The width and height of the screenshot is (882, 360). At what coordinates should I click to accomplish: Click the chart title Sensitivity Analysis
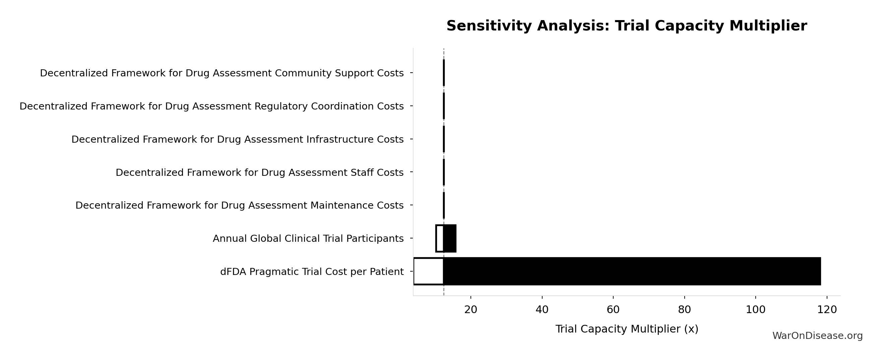coord(627,26)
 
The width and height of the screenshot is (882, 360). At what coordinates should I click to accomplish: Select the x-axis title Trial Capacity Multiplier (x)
coord(627,329)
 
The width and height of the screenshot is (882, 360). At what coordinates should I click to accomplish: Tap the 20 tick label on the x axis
coord(470,310)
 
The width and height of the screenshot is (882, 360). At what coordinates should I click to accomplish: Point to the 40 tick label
coord(542,310)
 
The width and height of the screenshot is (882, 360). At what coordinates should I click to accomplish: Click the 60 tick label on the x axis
coord(613,310)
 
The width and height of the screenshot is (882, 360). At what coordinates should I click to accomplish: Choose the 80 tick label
coord(684,310)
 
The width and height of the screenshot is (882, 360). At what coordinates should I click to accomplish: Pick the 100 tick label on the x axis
coord(755,310)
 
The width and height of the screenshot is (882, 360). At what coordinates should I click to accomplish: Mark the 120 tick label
coord(827,310)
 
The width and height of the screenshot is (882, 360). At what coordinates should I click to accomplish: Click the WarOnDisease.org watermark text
coord(817,336)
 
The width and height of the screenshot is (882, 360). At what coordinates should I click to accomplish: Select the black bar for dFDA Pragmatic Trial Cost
coord(632,271)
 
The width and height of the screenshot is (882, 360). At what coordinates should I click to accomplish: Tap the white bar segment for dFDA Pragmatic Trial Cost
coord(429,271)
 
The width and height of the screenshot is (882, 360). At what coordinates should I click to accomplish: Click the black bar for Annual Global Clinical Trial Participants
coord(450,238)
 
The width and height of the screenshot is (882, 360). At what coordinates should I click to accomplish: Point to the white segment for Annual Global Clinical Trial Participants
coord(440,238)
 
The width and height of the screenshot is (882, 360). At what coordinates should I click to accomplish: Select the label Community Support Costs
coord(222,73)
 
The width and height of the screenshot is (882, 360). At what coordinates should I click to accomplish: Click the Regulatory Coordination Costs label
coord(211,106)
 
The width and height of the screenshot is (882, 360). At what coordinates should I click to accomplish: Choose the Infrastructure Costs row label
coord(238,140)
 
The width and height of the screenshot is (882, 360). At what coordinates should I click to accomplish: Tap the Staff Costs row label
coord(259,172)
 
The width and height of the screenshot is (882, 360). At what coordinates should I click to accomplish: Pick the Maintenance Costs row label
coord(239,205)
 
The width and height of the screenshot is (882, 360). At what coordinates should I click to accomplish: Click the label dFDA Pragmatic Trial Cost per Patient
coord(312,272)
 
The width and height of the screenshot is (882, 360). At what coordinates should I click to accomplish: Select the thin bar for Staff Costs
coord(444,172)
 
